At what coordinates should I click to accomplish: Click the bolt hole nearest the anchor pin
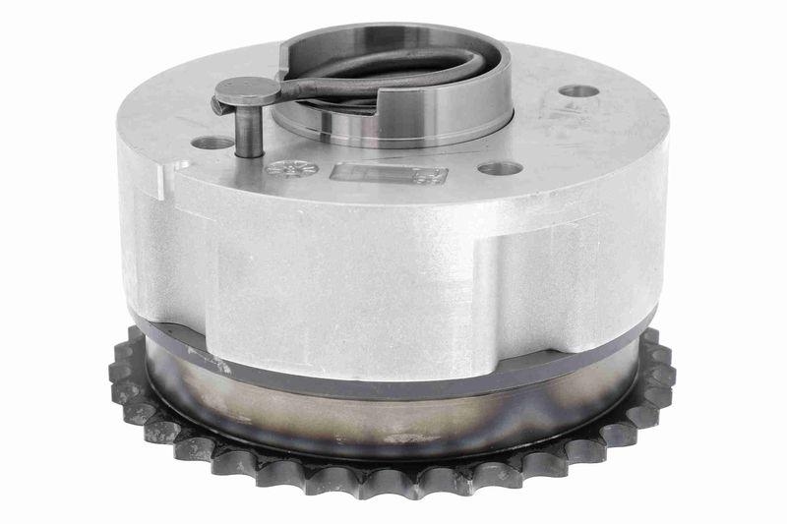point(212,144)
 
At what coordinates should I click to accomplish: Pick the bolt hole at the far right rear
point(579,91)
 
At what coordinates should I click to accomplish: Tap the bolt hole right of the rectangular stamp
point(500,168)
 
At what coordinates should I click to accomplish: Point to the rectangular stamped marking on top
point(389,175)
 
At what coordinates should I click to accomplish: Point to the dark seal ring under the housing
point(393,366)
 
